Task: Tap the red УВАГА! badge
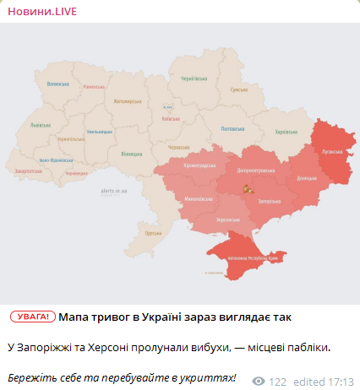coord(33,317)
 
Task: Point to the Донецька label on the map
coord(305,178)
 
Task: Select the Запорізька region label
coord(269,203)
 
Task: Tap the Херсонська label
coord(228,219)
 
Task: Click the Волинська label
coord(57,84)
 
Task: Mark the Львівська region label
coord(40,123)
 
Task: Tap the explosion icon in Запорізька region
coord(248,189)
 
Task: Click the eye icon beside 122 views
coord(259,381)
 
